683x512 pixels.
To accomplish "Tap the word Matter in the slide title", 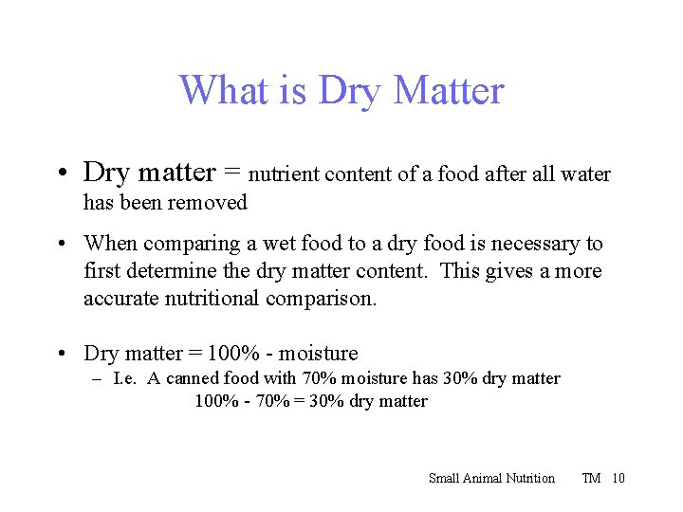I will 448,91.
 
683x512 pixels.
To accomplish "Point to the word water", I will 586,174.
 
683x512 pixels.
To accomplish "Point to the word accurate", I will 121,299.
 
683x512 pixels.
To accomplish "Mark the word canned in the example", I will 193,378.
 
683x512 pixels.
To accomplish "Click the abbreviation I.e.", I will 124,378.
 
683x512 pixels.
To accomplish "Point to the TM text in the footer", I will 591,478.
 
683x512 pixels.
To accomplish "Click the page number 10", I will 618,478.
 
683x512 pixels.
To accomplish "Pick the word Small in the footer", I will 444,478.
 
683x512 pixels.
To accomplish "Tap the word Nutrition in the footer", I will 534,478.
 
